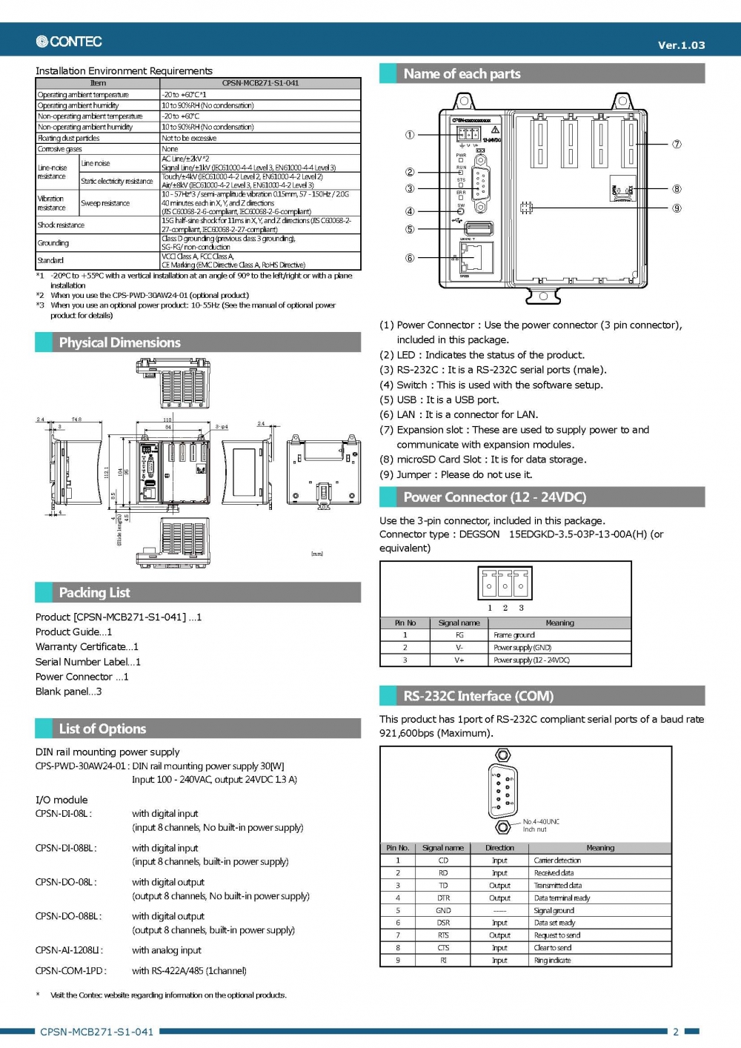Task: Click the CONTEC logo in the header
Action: point(69,42)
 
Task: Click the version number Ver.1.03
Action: point(681,45)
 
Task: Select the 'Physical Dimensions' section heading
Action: point(120,342)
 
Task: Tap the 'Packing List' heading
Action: point(94,592)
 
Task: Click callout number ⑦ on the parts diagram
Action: point(677,144)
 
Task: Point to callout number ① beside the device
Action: point(410,135)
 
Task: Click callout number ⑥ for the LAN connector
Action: point(410,258)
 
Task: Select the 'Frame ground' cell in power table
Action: point(514,635)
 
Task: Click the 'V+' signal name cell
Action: point(459,660)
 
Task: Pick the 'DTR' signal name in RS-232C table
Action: point(443,898)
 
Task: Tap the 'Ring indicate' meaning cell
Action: point(553,961)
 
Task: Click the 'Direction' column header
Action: point(499,848)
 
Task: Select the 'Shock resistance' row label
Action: point(61,225)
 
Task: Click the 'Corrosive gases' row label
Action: point(59,149)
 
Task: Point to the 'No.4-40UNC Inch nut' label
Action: point(541,825)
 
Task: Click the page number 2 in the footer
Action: point(676,1032)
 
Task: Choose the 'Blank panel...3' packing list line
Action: point(69,692)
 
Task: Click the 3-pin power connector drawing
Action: point(505,584)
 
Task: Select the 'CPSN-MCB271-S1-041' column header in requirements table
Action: point(260,83)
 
